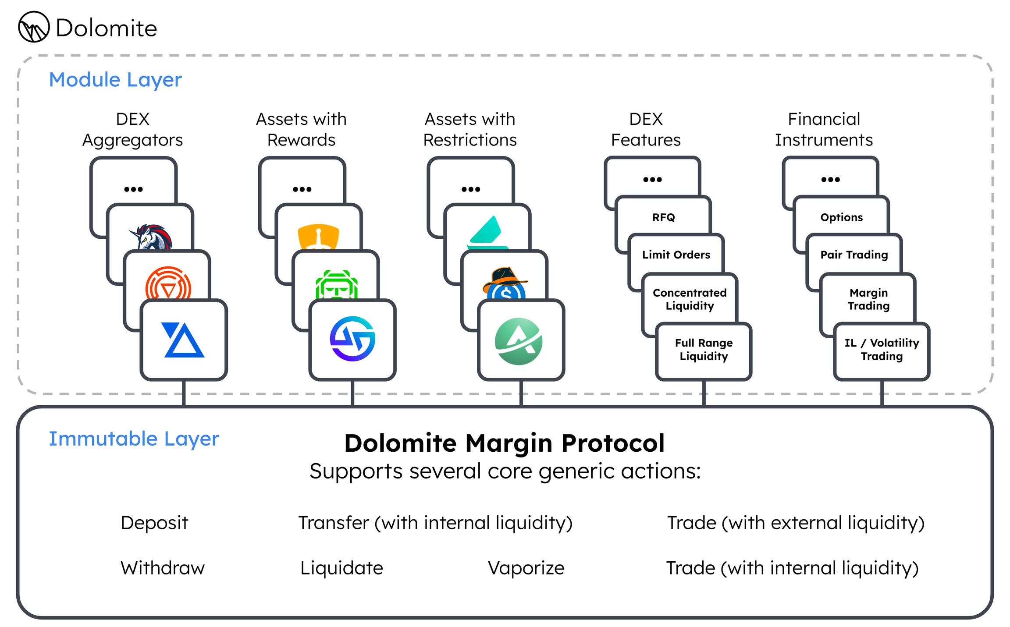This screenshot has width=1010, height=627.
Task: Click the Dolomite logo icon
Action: (34, 27)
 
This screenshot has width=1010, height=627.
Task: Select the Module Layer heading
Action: (115, 80)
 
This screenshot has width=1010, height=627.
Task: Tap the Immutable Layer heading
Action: (134, 439)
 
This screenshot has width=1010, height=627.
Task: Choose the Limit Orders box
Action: (676, 255)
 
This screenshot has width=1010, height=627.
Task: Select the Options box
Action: (841, 217)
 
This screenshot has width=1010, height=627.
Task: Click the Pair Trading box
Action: (854, 255)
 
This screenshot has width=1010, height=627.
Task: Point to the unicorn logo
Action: (150, 237)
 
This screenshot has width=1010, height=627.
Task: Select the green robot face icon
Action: (337, 285)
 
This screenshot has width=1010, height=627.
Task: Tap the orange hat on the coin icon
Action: (505, 279)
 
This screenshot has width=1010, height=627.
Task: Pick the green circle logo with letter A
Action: (519, 341)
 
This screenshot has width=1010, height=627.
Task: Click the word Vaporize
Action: (526, 568)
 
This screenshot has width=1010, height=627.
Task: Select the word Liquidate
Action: (341, 568)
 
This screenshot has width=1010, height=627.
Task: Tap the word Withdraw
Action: (163, 568)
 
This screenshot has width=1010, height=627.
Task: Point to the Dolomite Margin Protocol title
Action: (505, 443)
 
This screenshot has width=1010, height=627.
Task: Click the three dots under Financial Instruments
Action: (830, 179)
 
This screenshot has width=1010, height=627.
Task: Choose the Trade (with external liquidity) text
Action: (796, 523)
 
